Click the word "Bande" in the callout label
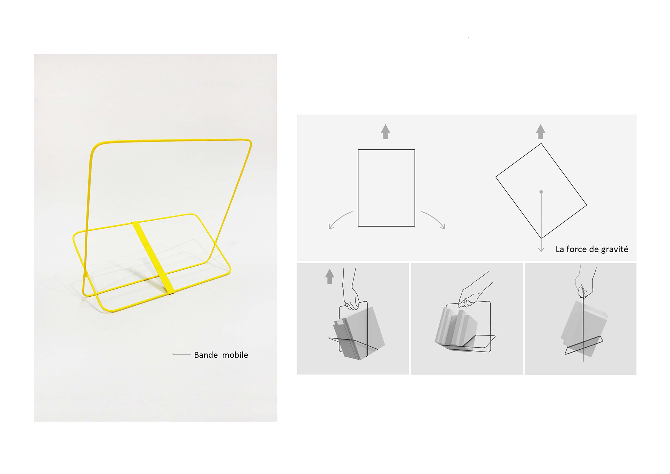pyautogui.click(x=206, y=355)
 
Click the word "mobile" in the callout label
pyautogui.click(x=235, y=355)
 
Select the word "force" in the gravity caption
pyautogui.click(x=576, y=249)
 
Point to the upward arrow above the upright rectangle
pyautogui.click(x=385, y=132)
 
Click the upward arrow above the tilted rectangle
pyautogui.click(x=541, y=132)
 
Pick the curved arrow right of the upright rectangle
pyautogui.click(x=434, y=220)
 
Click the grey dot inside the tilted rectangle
pyautogui.click(x=541, y=192)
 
